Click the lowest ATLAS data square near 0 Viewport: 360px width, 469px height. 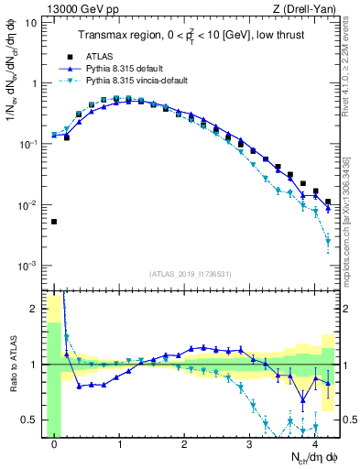coord(54,222)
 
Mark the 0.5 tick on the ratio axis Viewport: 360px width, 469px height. coord(30,420)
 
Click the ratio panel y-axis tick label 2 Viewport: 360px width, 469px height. coord(36,309)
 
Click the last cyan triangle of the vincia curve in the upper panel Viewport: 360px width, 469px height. coord(328,243)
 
